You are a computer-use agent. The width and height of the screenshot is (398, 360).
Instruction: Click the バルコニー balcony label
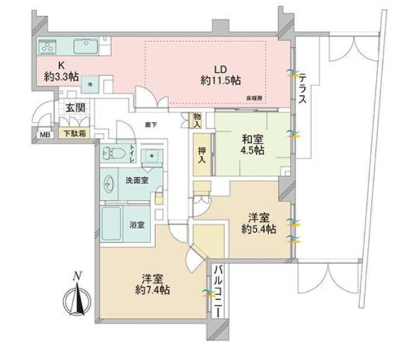point(217,289)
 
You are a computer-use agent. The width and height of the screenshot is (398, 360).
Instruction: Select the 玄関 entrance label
point(74,107)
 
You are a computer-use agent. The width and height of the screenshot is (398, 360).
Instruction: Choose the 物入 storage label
point(197,121)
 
